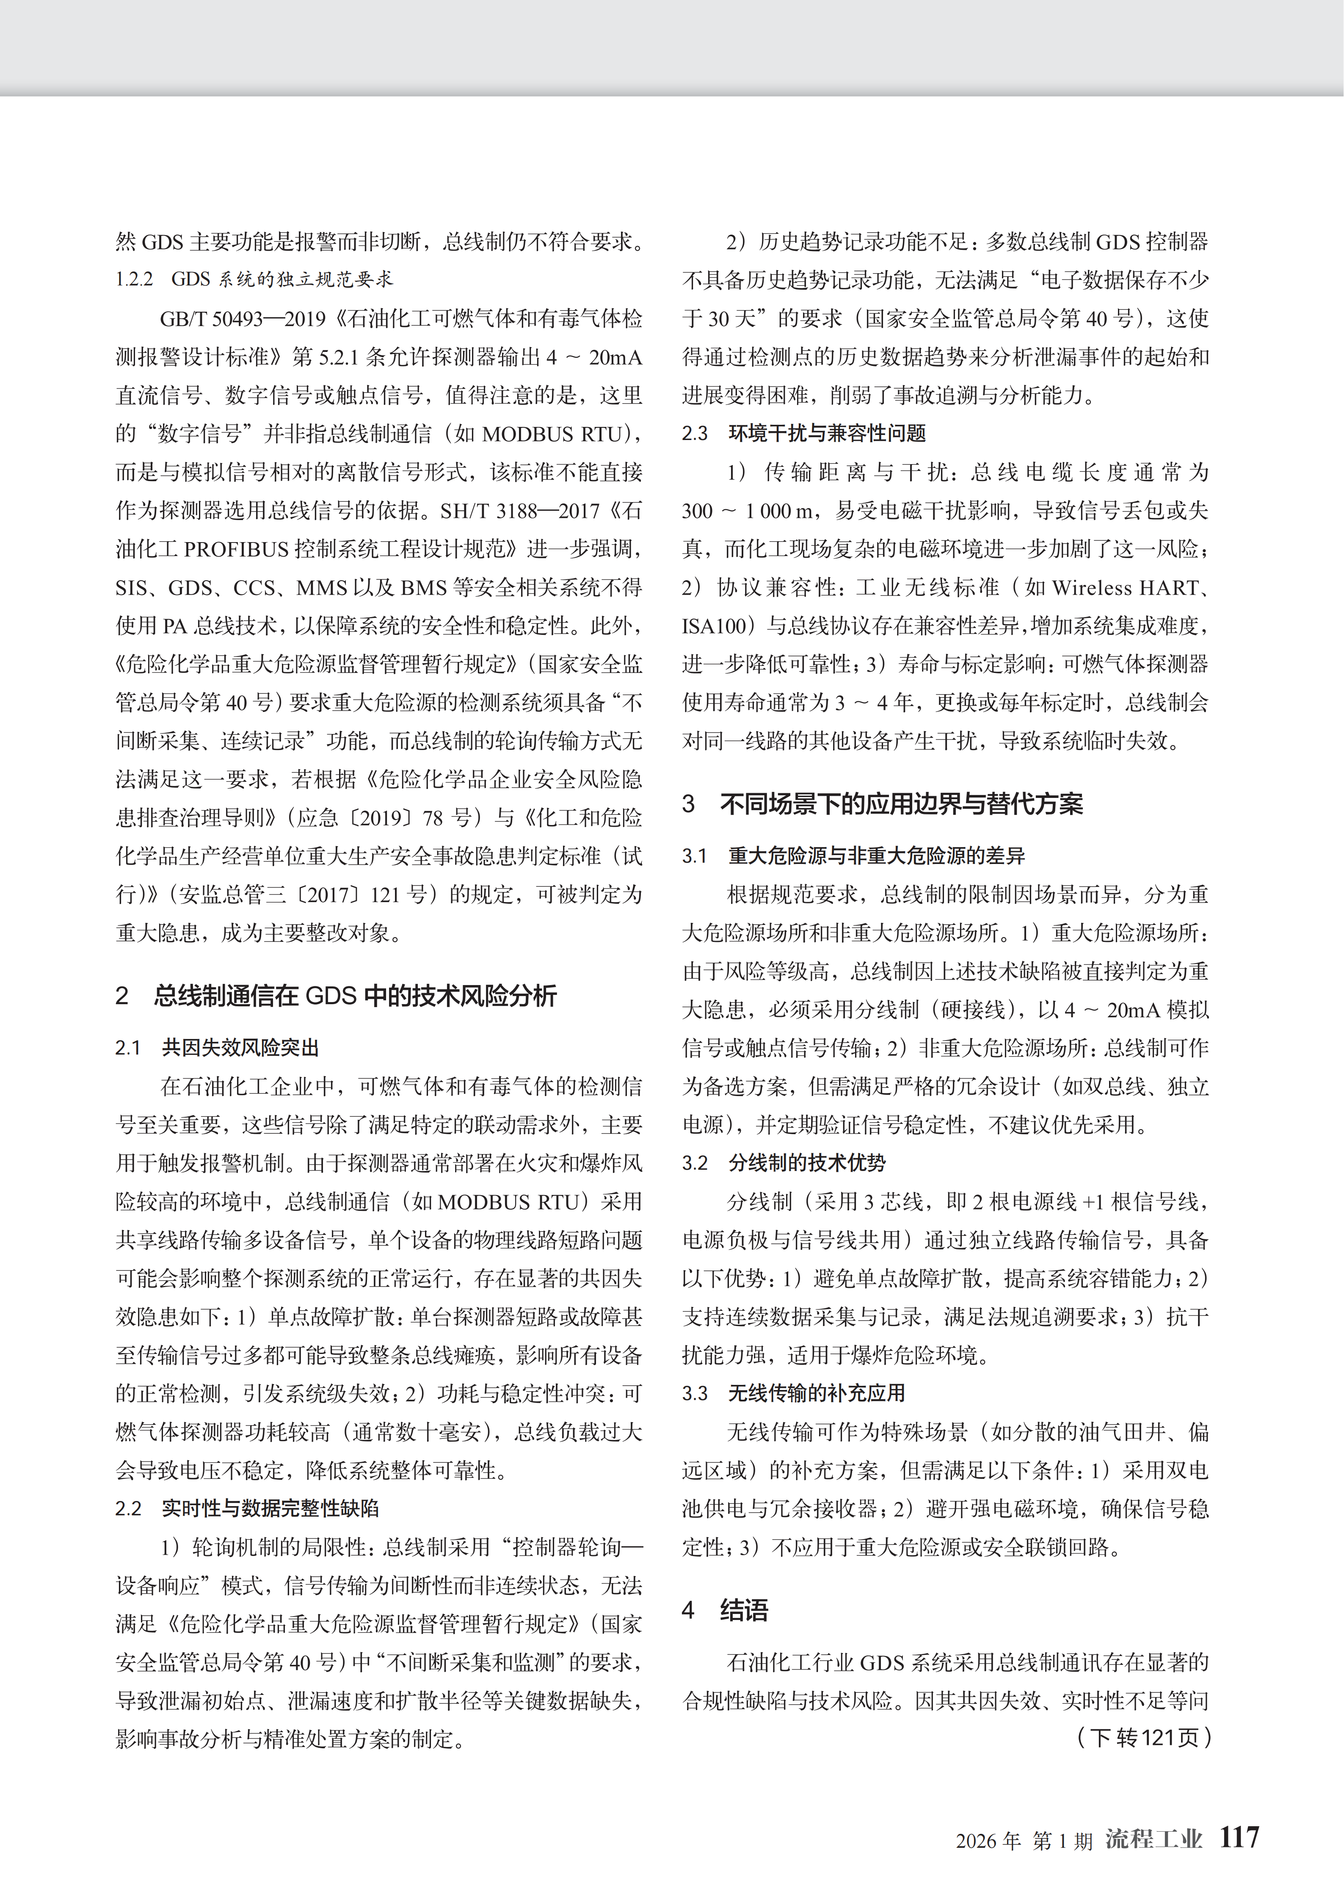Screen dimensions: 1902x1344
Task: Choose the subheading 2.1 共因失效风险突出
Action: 217,1048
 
